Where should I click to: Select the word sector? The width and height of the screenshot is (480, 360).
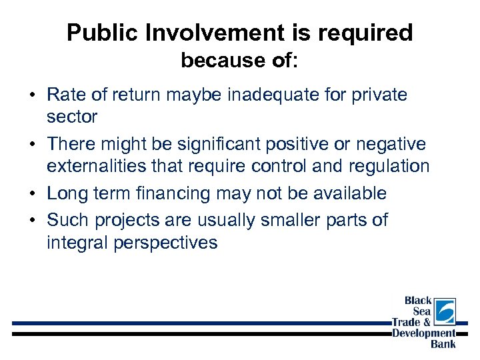coord(72,117)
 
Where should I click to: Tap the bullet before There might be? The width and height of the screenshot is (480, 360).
coord(32,145)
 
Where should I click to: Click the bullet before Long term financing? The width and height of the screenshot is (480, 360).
coord(32,194)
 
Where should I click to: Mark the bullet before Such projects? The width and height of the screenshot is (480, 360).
coord(32,221)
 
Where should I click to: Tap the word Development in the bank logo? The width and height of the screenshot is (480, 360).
coord(424,333)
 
